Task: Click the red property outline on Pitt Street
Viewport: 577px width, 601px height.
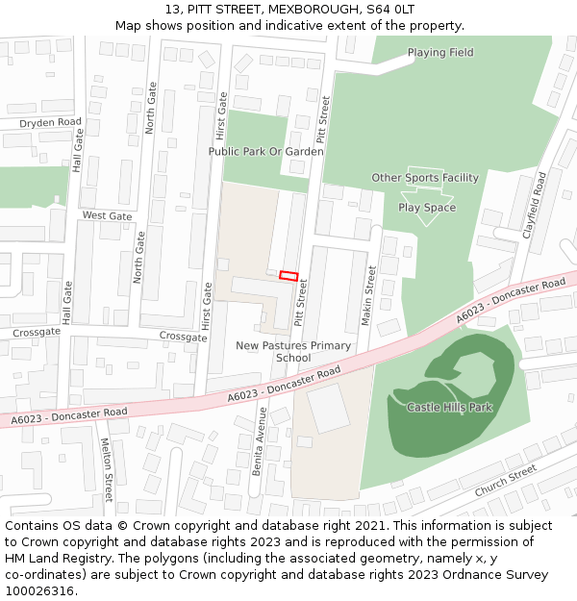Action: pos(288,276)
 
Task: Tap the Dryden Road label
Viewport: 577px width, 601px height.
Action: pos(50,123)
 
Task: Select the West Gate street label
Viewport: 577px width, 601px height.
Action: pos(107,216)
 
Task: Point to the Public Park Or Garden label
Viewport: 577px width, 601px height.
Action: pos(265,152)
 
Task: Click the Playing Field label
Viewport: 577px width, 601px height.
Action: pos(439,53)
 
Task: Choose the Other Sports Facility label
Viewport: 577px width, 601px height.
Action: pos(425,178)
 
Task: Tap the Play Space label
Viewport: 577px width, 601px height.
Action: pos(427,208)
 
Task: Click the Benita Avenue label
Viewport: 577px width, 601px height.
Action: pos(259,438)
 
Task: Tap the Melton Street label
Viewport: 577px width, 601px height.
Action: pos(107,470)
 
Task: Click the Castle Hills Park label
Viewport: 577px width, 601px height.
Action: pos(449,408)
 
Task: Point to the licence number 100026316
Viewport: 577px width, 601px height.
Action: pos(40,591)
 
